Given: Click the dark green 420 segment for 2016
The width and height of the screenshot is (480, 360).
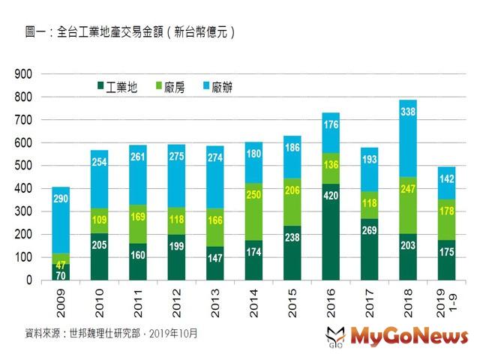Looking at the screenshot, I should [331, 232].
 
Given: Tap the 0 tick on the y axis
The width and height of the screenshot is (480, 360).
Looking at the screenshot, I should [28, 280].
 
